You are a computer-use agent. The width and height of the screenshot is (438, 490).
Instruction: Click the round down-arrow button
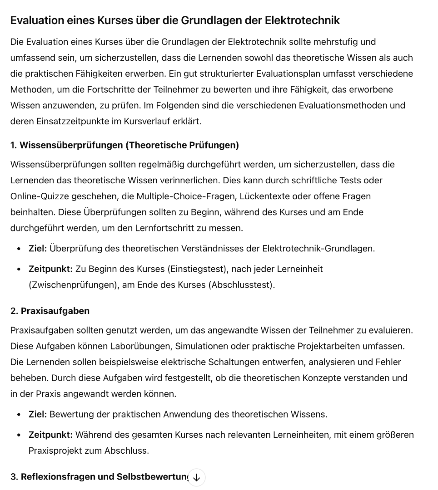(196, 477)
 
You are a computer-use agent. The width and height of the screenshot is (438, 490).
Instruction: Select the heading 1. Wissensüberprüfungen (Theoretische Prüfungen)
(124, 145)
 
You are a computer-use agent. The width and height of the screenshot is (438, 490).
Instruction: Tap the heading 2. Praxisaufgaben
(50, 311)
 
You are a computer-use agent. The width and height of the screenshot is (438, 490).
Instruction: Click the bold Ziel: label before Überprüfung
(38, 249)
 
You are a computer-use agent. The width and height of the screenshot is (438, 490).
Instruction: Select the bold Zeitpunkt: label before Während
(50, 435)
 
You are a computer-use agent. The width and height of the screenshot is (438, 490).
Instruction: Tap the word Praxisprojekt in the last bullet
(54, 451)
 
